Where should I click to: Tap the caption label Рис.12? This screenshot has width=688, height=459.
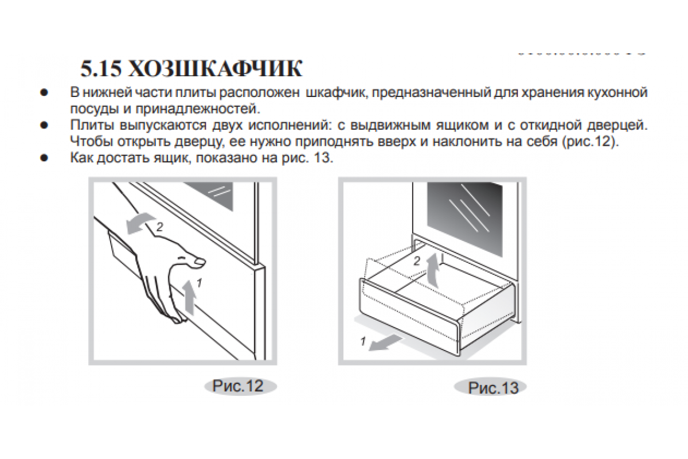coord(238,386)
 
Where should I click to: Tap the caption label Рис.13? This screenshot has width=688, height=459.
coord(493,388)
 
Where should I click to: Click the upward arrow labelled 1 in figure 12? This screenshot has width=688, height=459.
coord(190,297)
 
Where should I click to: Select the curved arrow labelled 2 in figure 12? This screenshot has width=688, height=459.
coord(139,223)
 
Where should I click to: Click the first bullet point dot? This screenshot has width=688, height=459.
coord(43,92)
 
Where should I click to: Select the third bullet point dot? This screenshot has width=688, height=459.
coord(43,158)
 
